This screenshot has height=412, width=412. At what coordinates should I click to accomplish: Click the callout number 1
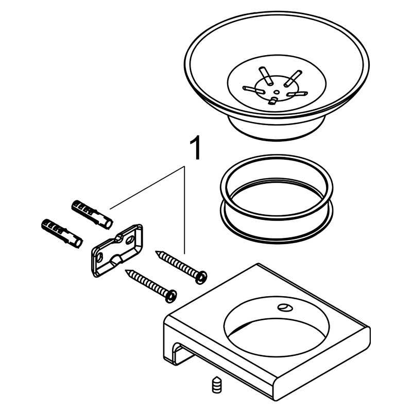click(x=195, y=148)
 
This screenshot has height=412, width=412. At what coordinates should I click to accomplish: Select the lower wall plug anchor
click(x=62, y=233)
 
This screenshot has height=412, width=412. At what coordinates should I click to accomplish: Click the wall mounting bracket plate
click(x=117, y=250)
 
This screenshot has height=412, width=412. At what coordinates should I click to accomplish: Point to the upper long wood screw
click(x=181, y=267)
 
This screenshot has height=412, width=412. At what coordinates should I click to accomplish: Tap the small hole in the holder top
click(x=284, y=306)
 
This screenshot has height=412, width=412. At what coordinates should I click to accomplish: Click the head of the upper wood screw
click(x=201, y=278)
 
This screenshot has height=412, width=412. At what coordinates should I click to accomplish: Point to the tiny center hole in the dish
click(x=277, y=92)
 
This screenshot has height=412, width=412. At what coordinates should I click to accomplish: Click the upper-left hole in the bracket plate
click(x=99, y=258)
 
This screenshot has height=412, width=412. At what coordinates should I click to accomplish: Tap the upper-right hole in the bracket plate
click(x=130, y=240)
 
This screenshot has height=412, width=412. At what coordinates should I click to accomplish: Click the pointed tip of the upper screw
click(x=156, y=251)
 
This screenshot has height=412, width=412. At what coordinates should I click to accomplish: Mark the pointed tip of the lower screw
click(x=126, y=270)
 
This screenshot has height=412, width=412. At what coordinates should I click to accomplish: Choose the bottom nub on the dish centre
click(x=274, y=100)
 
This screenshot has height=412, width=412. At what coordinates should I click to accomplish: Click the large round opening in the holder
click(x=277, y=327)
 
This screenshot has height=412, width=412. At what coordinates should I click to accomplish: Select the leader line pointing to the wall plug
click(x=147, y=187)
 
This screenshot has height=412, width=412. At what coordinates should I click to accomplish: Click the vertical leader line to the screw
click(x=185, y=210)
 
